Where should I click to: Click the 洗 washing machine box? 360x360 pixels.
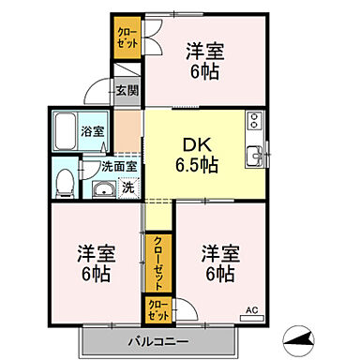128,187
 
